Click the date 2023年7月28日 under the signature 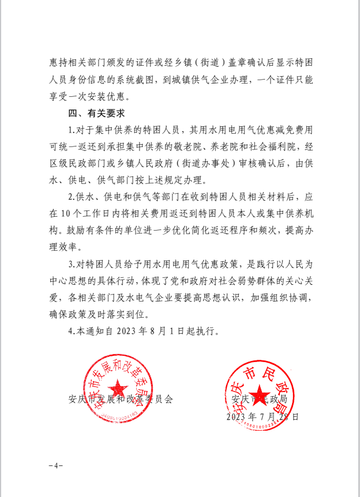point(262,416)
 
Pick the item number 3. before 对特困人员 point(72,265)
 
